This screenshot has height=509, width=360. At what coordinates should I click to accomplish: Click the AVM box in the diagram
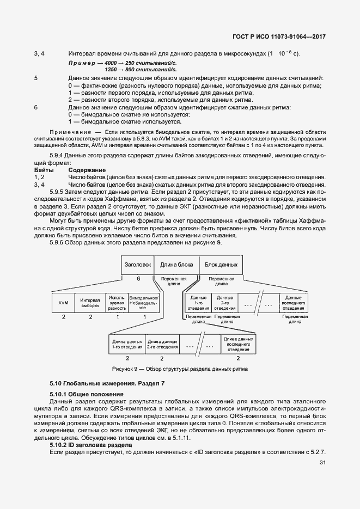[63, 303]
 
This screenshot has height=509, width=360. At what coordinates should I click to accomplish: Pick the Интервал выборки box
[90, 303]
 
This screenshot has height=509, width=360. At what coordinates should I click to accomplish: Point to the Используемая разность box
[117, 303]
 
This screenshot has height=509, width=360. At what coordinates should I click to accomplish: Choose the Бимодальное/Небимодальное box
[143, 303]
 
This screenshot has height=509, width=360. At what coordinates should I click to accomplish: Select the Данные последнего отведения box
[293, 303]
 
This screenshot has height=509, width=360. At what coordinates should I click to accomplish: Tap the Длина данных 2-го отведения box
[162, 344]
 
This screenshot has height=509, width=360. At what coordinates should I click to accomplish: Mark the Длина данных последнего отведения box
[238, 344]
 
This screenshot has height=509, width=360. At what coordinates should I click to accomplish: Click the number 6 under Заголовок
[138, 278]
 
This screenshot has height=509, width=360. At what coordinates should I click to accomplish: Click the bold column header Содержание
[87, 170]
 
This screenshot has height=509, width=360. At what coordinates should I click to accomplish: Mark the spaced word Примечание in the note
[69, 132]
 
